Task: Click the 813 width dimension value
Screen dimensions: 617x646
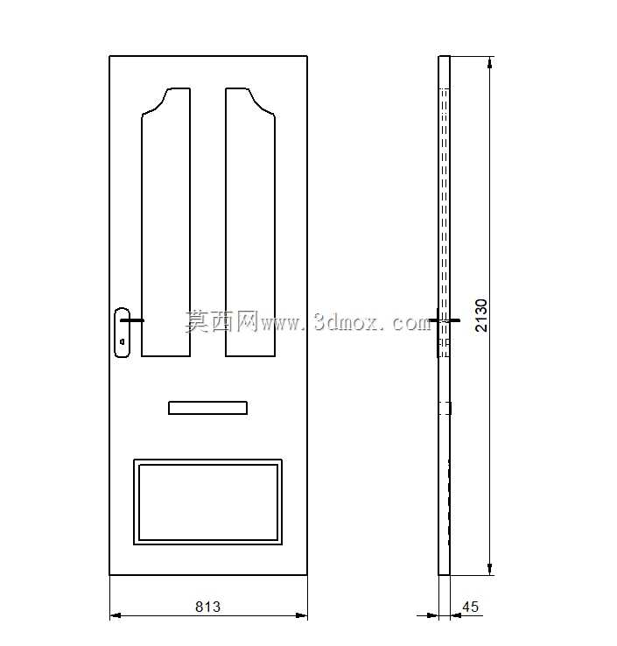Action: tap(207, 607)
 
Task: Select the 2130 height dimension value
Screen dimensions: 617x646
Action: tap(480, 316)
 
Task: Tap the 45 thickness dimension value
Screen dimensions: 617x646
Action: tap(470, 607)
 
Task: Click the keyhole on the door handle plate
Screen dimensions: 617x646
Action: tap(122, 341)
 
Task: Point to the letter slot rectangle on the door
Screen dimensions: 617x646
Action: tap(207, 408)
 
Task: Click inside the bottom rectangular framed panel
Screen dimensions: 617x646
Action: tap(208, 502)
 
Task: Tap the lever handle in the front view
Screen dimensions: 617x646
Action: tap(132, 320)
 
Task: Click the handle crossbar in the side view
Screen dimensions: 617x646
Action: tap(445, 320)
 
